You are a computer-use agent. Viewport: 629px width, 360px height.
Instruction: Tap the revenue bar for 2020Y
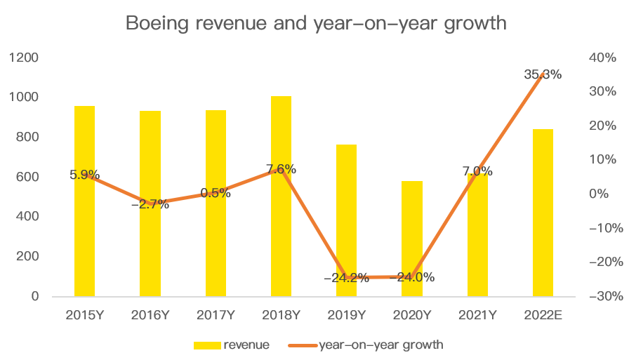(x=412, y=239)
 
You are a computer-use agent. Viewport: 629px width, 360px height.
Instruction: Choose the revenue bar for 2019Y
(x=347, y=220)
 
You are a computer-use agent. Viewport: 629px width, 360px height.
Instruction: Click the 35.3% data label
(x=543, y=74)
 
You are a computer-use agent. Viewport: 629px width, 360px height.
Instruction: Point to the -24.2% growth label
(x=346, y=277)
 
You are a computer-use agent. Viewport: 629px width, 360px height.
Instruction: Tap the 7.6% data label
(x=281, y=169)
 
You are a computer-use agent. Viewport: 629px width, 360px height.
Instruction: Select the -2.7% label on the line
(x=150, y=204)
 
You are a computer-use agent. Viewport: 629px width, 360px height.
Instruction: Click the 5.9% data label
(x=84, y=175)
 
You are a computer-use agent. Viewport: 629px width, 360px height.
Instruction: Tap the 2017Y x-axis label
(x=216, y=315)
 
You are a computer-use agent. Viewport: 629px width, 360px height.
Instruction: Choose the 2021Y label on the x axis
(x=477, y=315)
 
